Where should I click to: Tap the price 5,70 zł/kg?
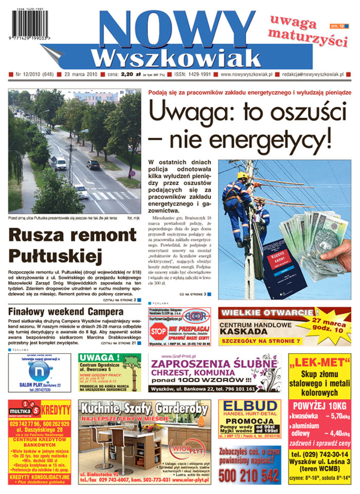[x=337, y=417]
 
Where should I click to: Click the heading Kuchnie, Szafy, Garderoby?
[x=145, y=409]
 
